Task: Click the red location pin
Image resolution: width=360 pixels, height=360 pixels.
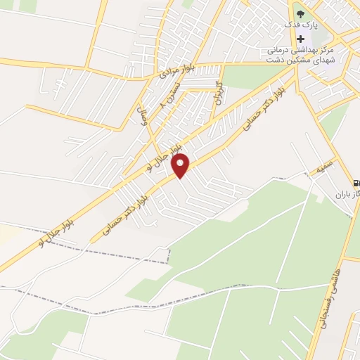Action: pyautogui.click(x=181, y=165)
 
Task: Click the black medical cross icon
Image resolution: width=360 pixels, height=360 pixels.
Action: pyautogui.click(x=301, y=39)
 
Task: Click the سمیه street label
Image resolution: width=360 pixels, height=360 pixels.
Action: pyautogui.click(x=324, y=169)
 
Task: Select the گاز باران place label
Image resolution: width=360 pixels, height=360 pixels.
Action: pyautogui.click(x=344, y=193)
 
